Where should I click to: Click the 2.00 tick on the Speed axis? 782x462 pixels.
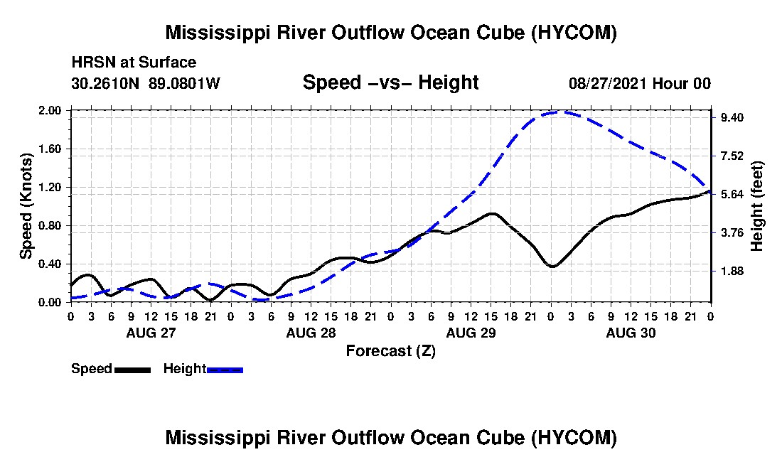pyautogui.click(x=49, y=110)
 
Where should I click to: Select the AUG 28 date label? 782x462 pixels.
pyautogui.click(x=311, y=333)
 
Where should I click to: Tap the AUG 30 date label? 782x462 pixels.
pyautogui.click(x=631, y=333)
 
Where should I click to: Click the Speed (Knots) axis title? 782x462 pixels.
pyautogui.click(x=26, y=206)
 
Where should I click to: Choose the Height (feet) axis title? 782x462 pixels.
pyautogui.click(x=756, y=206)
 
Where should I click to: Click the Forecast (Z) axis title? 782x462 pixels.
pyautogui.click(x=391, y=351)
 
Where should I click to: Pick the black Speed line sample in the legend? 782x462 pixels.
pyautogui.click(x=132, y=370)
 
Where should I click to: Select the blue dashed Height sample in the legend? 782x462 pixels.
pyautogui.click(x=225, y=370)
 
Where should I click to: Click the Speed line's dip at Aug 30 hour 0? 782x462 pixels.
pyautogui.click(x=552, y=267)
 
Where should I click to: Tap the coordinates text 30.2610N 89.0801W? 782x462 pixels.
pyautogui.click(x=146, y=83)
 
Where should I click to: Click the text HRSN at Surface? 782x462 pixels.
pyautogui.click(x=134, y=63)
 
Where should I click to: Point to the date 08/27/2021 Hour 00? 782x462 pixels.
pyautogui.click(x=640, y=83)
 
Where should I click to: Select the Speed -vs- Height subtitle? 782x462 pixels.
pyautogui.click(x=390, y=82)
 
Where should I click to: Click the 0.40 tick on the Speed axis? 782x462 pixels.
pyautogui.click(x=49, y=264)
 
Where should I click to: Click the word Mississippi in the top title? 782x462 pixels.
pyautogui.click(x=214, y=33)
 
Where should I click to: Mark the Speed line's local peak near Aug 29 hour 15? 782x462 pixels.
pyautogui.click(x=492, y=214)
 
